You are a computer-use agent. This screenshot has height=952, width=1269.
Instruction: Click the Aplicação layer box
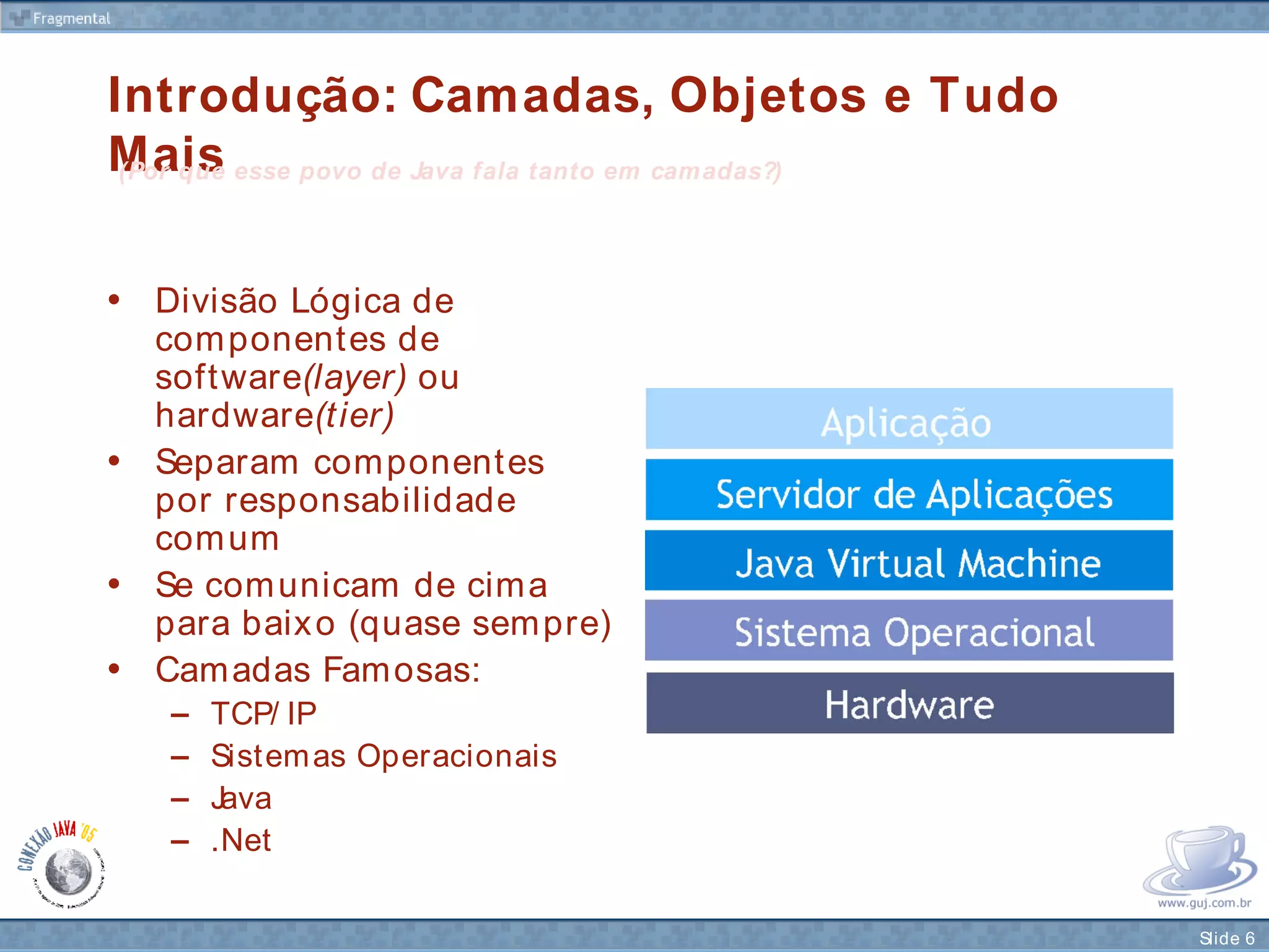(909, 419)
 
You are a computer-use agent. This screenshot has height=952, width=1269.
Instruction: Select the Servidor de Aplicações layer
(909, 490)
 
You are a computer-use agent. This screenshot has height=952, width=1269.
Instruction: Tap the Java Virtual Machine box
(909, 560)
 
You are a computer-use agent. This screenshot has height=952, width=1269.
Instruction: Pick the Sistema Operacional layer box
(909, 630)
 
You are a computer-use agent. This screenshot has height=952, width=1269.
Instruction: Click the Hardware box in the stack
(910, 703)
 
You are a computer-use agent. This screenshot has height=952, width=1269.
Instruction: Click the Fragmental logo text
(71, 19)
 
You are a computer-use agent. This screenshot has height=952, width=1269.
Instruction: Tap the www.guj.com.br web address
(1204, 903)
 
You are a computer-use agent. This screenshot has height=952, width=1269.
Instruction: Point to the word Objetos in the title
(768, 96)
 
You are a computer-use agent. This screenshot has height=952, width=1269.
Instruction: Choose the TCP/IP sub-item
(263, 713)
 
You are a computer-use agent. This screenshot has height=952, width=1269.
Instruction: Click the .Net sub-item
(241, 841)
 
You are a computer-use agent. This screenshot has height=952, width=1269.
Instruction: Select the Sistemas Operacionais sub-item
(384, 756)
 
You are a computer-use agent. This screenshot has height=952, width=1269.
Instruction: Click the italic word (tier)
(355, 415)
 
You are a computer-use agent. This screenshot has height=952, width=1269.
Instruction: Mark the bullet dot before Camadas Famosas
(114, 669)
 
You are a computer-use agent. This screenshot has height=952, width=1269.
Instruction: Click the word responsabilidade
(370, 501)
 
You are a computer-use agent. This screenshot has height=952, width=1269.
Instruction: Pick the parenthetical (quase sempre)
(480, 624)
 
